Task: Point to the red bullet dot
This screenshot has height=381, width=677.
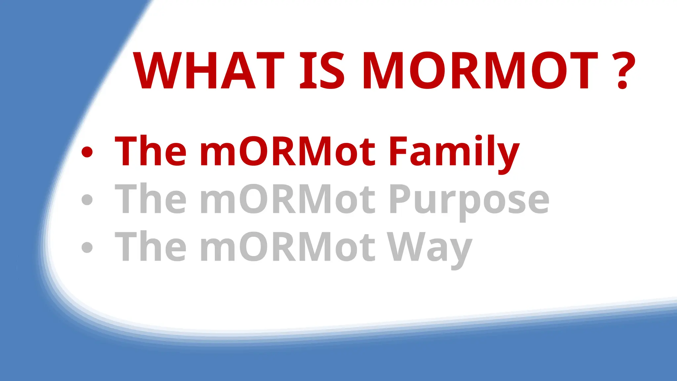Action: tap(87, 152)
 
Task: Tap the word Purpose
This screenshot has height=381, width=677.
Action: tap(469, 199)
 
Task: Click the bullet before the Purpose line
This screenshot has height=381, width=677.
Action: tap(87, 199)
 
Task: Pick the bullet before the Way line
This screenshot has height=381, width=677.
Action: tap(87, 247)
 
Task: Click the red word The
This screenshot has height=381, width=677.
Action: tap(150, 151)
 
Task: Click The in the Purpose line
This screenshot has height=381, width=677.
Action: tap(150, 199)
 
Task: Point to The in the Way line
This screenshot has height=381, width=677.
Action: tap(150, 246)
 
